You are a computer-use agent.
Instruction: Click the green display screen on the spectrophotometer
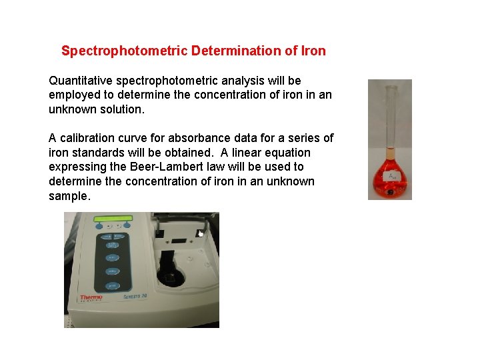click(x=113, y=219)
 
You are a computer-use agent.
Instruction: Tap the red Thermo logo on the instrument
click(x=90, y=298)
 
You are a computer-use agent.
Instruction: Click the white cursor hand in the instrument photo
click(x=199, y=233)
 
